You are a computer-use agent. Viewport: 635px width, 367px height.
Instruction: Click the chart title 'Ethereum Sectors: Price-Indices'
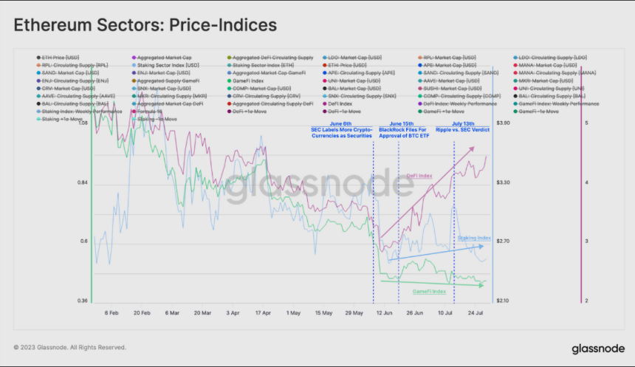(145, 25)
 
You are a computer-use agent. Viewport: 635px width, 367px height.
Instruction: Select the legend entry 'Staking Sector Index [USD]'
(168, 65)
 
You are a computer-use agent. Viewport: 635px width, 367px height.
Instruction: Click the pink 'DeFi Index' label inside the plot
(419, 176)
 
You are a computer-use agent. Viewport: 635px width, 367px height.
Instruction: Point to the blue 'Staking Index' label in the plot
(474, 239)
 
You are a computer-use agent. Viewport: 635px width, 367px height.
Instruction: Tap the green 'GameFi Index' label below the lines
(429, 292)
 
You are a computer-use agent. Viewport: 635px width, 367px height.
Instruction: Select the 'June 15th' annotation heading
(401, 123)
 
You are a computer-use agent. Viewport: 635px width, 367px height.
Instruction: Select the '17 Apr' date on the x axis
(264, 313)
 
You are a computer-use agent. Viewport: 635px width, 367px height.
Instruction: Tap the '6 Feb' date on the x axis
(112, 313)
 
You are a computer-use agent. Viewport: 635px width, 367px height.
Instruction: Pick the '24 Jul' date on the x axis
(475, 313)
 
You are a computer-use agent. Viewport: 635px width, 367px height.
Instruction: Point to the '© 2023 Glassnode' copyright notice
(69, 347)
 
